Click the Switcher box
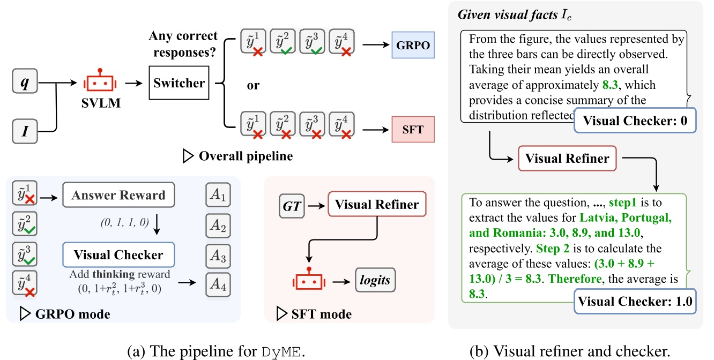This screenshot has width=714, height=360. click(179, 83)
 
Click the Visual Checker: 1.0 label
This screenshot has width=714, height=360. click(635, 301)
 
